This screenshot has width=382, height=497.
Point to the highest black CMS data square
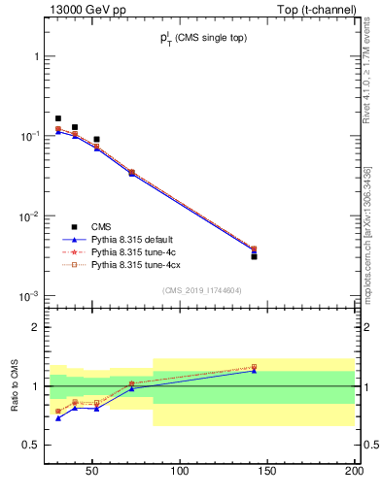click(x=58, y=118)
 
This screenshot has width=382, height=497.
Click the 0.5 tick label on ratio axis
click(x=32, y=445)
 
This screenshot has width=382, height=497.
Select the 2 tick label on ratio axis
click(x=36, y=327)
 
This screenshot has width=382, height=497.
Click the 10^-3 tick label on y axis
click(x=29, y=295)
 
